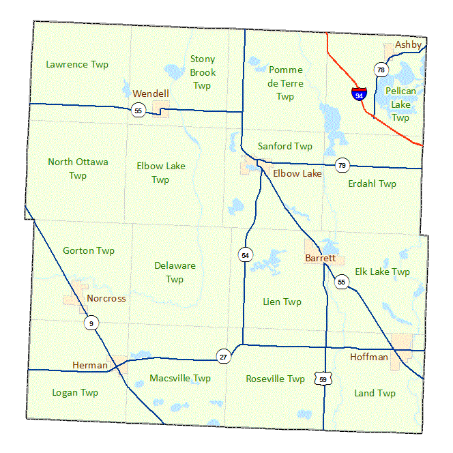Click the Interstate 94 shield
[x=358, y=93]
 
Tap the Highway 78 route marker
[x=381, y=70]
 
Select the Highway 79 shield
[x=342, y=165]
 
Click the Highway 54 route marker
[x=246, y=254]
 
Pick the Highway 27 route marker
[x=223, y=356]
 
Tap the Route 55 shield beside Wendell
[x=138, y=111]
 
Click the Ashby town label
[x=409, y=44]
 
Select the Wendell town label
[x=151, y=93]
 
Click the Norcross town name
[x=106, y=298]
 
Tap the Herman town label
[x=90, y=366]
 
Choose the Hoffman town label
[x=369, y=357]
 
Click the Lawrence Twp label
[x=77, y=64]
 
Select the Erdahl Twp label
[x=372, y=184]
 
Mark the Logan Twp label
[x=75, y=392]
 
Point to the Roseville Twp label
[x=276, y=379]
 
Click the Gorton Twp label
[x=89, y=250]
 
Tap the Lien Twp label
[x=282, y=302]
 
